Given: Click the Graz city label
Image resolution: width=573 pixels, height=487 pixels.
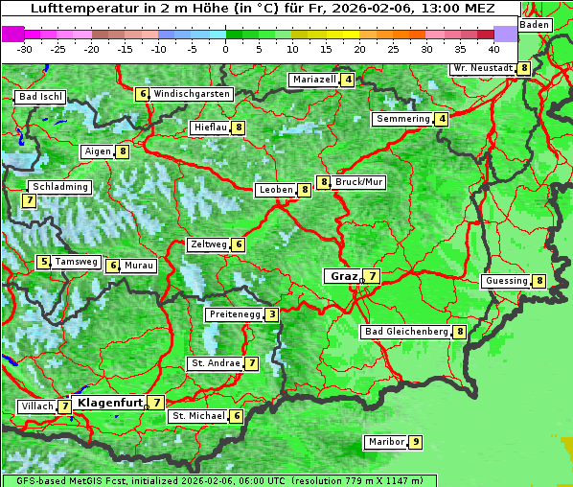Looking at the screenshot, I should (x=343, y=276).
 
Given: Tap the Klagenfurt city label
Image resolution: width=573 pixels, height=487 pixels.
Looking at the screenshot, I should (x=109, y=403).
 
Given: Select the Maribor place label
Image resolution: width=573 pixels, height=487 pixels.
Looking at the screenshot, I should (x=384, y=442).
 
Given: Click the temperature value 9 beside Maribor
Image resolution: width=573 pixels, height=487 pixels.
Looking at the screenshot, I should (x=415, y=442).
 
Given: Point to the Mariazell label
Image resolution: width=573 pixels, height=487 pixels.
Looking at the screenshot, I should (x=314, y=80).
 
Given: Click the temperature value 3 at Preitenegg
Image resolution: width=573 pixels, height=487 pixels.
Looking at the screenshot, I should (x=272, y=314).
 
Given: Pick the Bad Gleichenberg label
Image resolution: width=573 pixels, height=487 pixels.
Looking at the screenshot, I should (x=406, y=332).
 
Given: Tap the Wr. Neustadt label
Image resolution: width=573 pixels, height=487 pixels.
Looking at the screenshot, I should (x=483, y=68).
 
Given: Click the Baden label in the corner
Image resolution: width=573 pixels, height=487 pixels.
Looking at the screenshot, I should (x=535, y=25).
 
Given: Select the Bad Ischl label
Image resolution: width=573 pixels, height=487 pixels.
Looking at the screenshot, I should (x=40, y=97).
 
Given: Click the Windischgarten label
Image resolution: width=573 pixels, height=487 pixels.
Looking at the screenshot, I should (x=191, y=94).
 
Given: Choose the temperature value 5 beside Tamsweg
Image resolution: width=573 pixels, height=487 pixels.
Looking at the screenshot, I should (x=43, y=262).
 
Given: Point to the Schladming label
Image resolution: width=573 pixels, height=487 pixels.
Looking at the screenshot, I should (x=59, y=187).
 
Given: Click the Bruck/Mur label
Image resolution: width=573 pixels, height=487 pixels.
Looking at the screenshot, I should (x=359, y=181).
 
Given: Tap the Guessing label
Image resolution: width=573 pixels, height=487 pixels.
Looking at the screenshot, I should (x=506, y=281).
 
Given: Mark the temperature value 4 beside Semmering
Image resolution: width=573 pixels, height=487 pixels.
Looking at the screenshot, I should (x=441, y=119).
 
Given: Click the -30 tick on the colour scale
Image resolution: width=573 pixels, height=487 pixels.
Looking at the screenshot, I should (x=25, y=48).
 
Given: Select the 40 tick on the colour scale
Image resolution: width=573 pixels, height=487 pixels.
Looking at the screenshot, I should (x=493, y=48).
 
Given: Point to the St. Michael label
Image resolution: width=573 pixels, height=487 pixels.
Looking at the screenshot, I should (x=197, y=416).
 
